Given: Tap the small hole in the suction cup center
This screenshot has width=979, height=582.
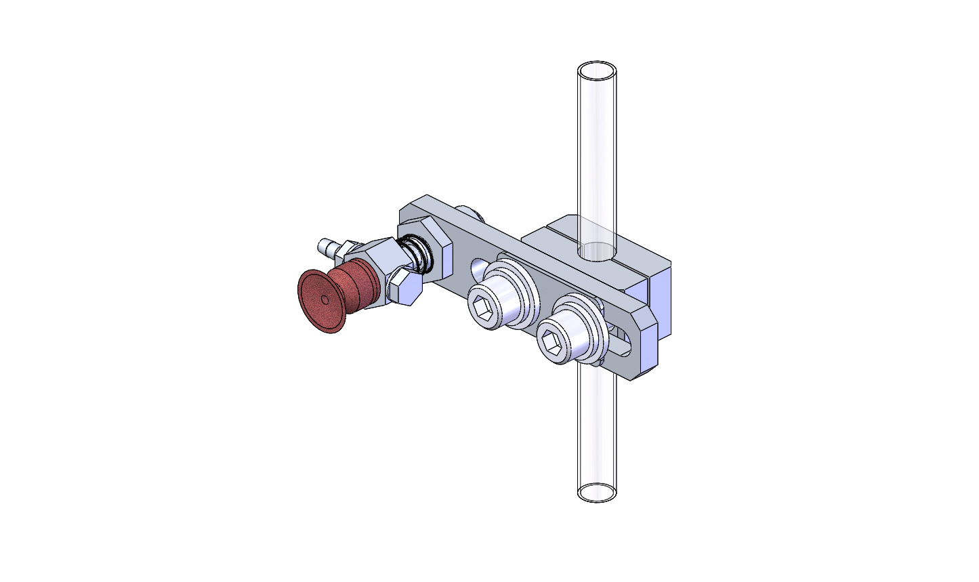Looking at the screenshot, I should [325, 299].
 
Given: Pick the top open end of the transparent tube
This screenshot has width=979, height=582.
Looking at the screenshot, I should [597, 71].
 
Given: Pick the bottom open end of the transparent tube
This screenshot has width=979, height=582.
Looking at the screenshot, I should [597, 493].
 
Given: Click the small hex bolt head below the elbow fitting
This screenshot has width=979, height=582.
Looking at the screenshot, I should [405, 289].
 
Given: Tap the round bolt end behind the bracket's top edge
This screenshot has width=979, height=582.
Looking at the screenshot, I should [470, 213].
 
